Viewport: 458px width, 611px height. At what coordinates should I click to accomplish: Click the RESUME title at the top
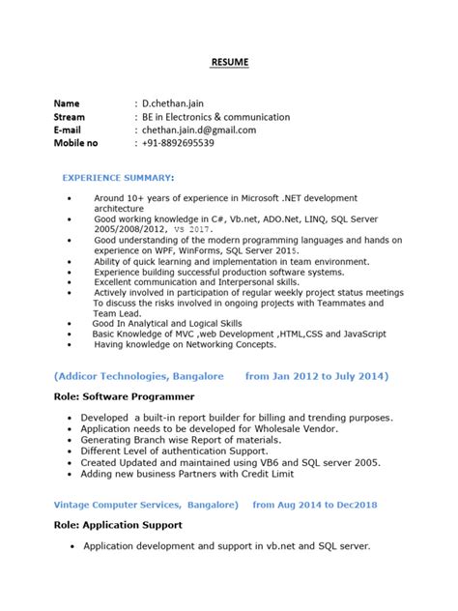coord(230,63)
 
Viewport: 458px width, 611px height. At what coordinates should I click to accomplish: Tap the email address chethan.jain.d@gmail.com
coord(199,130)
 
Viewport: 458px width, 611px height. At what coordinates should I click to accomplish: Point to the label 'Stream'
coord(72,116)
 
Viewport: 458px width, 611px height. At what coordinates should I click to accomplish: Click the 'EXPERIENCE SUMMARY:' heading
coord(119,179)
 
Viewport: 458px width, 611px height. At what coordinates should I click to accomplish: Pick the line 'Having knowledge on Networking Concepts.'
coord(185,343)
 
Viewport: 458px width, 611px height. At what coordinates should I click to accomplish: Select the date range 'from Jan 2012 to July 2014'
coord(302,375)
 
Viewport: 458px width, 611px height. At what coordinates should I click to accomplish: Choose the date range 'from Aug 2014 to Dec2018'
coord(314,504)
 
